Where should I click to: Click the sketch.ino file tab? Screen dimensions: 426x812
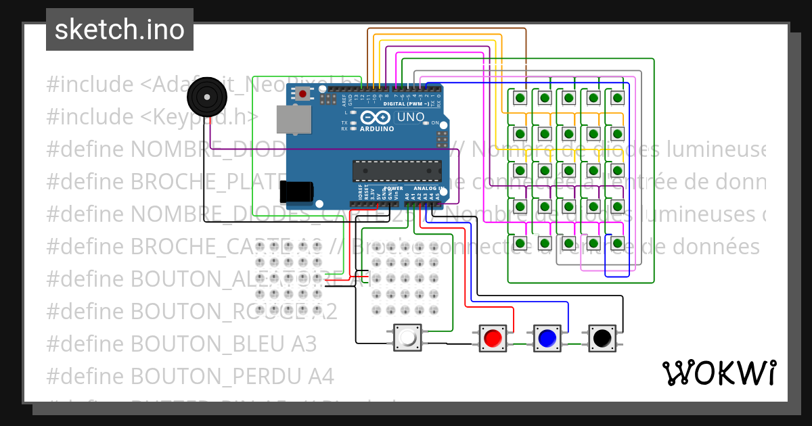point(120,30)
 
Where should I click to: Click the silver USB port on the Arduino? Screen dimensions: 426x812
point(293,120)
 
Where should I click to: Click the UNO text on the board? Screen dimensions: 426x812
point(410,117)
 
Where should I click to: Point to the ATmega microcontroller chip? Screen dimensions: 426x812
point(397,171)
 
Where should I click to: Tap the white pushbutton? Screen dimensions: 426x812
point(408,337)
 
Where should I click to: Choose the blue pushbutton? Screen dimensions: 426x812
point(547,337)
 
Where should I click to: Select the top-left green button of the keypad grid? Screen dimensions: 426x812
point(520,99)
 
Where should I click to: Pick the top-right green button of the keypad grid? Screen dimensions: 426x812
point(617,99)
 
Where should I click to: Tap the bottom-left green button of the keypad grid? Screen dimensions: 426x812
point(520,243)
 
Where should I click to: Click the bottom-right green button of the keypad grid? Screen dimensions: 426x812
point(617,243)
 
